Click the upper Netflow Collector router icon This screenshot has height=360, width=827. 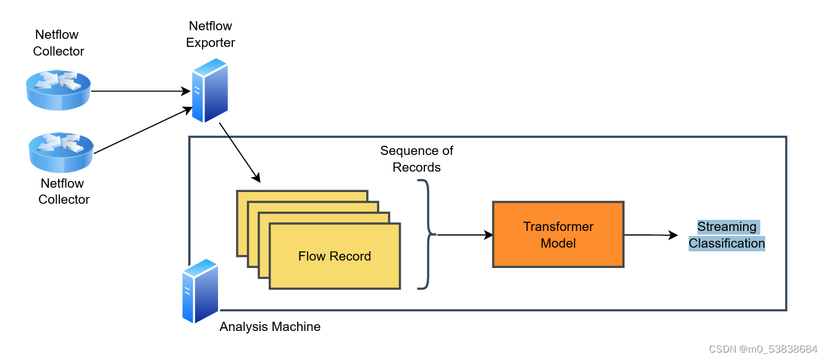[x=59, y=90]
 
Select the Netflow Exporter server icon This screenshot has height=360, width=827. [x=209, y=90]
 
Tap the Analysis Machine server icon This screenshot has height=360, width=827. [x=200, y=291]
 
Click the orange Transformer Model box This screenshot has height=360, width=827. [x=558, y=234]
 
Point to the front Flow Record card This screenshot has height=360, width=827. [x=335, y=256]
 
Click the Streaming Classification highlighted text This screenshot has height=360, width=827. [x=727, y=235]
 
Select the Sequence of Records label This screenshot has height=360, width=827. [x=416, y=159]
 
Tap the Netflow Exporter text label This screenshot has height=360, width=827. [x=210, y=35]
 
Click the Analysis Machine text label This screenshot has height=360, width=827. [x=270, y=327]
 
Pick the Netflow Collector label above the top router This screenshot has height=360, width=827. [x=59, y=43]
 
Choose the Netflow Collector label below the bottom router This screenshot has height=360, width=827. [x=64, y=191]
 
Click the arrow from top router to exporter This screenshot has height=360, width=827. [x=140, y=91]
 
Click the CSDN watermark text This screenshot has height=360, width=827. [x=764, y=349]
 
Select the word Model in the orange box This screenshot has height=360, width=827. [x=558, y=243]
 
